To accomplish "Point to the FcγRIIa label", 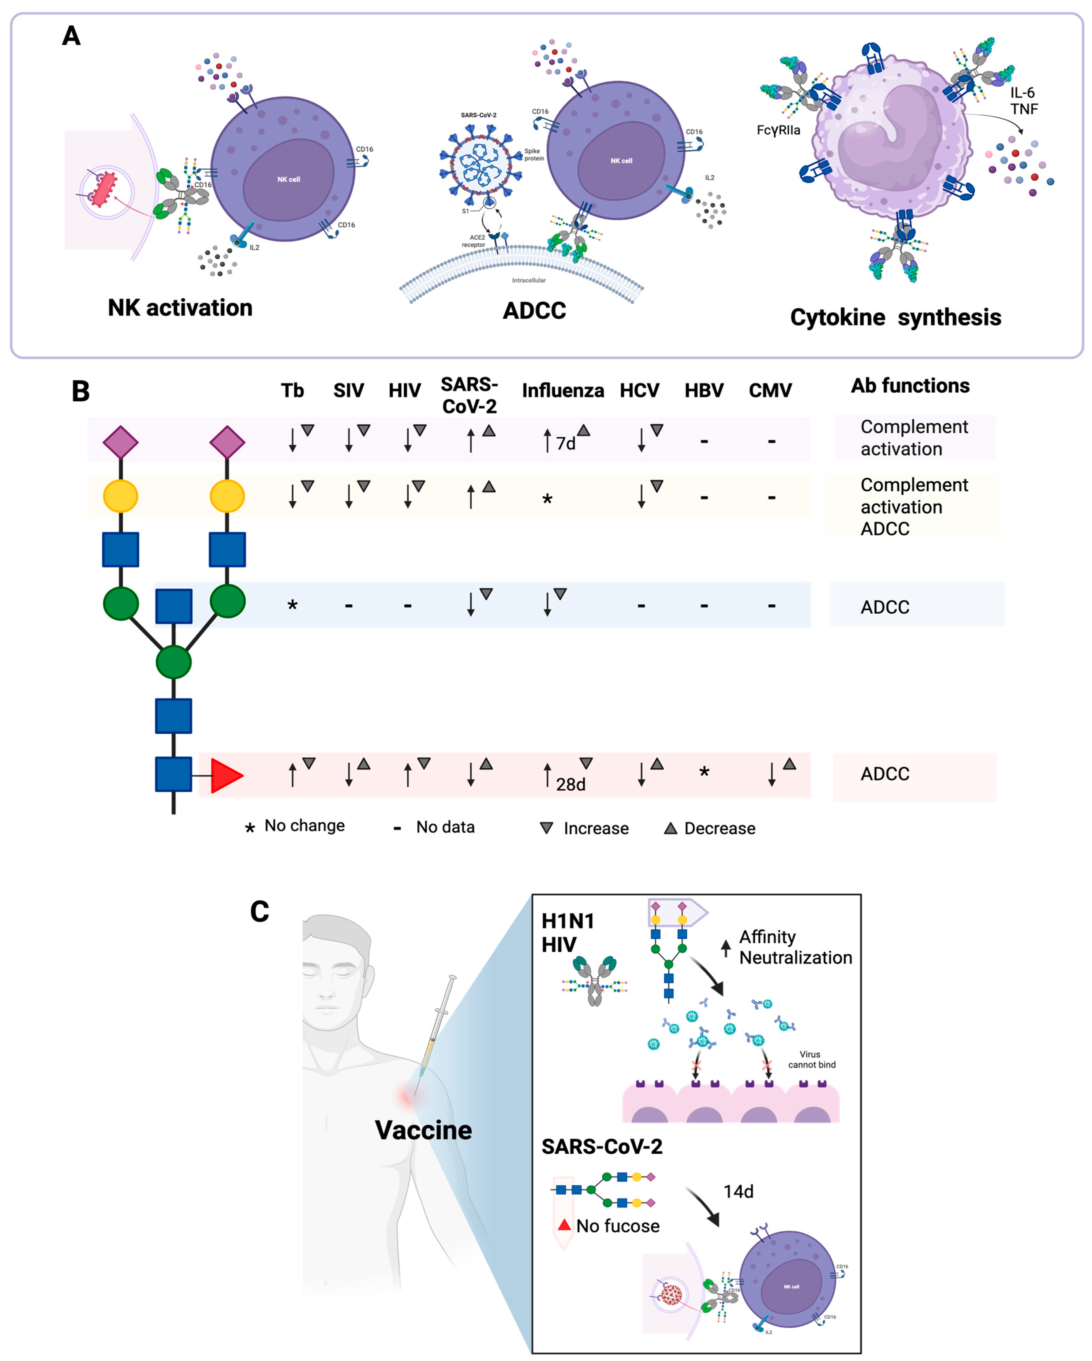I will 778,130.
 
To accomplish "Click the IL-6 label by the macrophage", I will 1022,93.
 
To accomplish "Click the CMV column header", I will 770,391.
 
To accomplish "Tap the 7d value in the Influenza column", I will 566,444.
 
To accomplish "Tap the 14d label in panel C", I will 738,1191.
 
